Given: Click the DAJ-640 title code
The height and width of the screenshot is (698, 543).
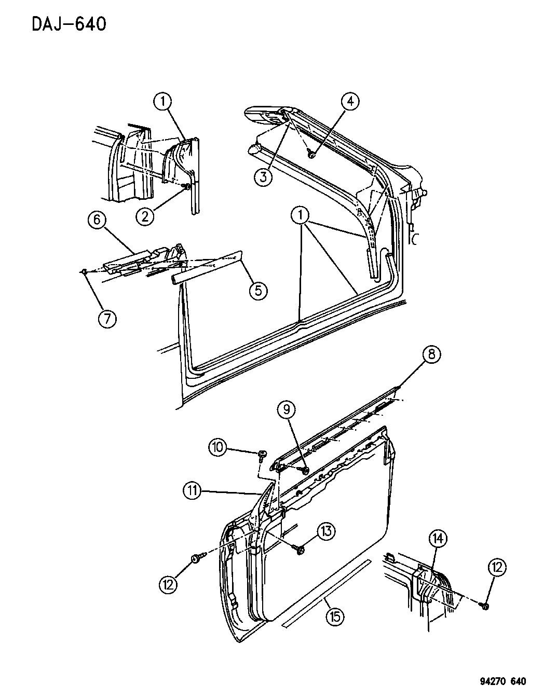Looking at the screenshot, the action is point(69,24).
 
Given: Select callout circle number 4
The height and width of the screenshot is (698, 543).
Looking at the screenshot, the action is point(350,102).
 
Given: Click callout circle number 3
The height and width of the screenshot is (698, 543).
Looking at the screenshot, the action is point(264,176).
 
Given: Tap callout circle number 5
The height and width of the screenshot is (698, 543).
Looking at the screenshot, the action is point(259,291).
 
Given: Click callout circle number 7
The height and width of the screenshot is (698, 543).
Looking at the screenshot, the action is point(107,318).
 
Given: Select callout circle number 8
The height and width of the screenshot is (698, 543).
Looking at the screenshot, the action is point(431,354).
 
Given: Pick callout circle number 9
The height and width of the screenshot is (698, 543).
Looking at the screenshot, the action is point(287,409).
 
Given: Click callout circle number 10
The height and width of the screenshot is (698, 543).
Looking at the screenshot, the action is point(218,447).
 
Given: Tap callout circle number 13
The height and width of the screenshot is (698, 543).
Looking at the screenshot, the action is point(326,531).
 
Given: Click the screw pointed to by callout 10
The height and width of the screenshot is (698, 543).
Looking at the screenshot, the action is point(262,456).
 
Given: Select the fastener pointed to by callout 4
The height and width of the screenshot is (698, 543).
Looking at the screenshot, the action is point(311,155).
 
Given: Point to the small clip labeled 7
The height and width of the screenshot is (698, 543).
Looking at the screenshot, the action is point(84,272).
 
